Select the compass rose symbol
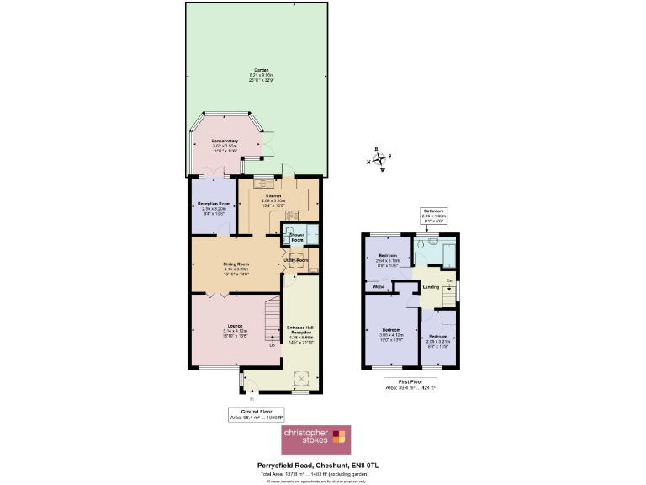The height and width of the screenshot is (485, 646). point(379,161)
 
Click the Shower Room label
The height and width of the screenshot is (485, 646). point(297,238)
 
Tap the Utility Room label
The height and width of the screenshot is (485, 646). point(301,260)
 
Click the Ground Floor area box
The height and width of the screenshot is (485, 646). point(257,414)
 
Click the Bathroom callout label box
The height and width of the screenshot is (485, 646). point(434,214)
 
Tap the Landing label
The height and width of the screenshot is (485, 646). point(431,288)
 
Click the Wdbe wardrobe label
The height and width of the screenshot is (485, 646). point(379,288)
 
